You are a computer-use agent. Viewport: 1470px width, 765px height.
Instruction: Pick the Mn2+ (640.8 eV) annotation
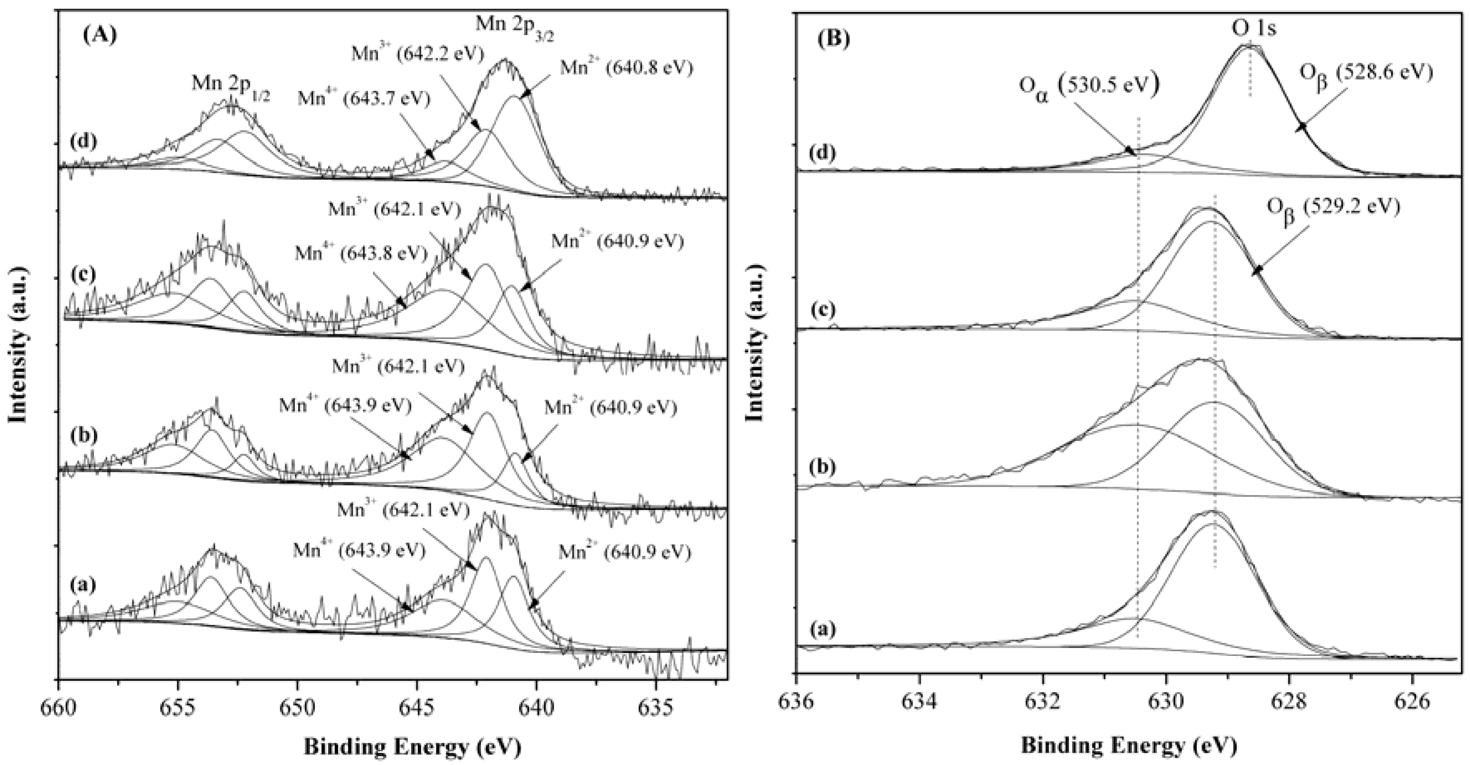pyautogui.click(x=626, y=69)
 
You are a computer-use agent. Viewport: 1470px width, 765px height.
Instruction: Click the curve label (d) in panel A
pyautogui.click(x=82, y=140)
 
